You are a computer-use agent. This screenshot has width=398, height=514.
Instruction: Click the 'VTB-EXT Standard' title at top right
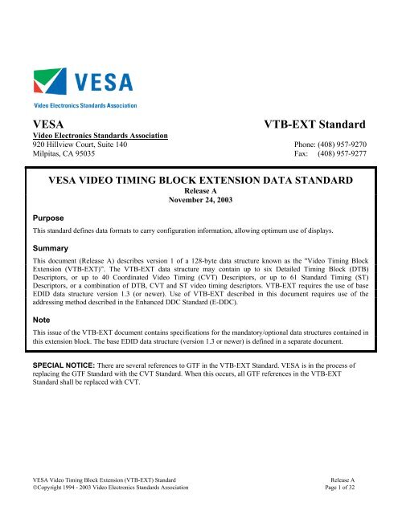tap(315, 124)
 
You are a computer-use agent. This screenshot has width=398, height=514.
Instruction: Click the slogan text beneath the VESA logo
tap(84, 105)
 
